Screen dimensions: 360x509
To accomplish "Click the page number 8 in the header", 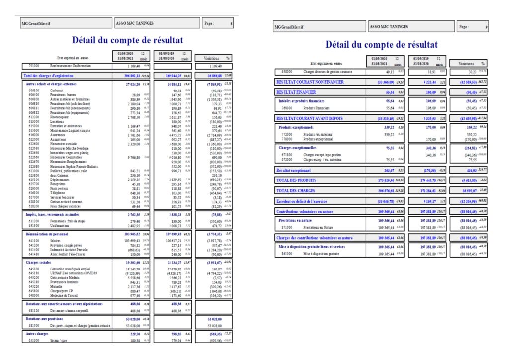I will click(231, 23).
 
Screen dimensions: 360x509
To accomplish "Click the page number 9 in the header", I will click(486, 27).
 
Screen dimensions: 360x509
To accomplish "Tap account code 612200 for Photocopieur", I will click(34, 117).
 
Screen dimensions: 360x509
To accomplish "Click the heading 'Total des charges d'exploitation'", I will click(50, 75).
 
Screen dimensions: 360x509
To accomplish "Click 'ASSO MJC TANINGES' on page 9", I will click(388, 27).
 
